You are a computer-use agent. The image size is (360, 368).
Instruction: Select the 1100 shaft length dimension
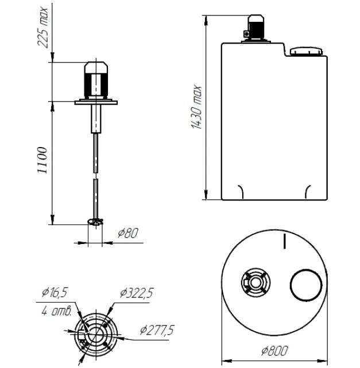click(42, 160)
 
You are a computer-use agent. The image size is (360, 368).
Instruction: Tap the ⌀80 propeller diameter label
click(128, 233)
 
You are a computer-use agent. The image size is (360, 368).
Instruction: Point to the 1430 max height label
click(196, 107)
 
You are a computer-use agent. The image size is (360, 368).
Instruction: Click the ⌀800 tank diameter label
click(274, 351)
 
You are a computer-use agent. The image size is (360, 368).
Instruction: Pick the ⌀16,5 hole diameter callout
click(55, 292)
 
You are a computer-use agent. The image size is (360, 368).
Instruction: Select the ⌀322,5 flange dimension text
click(137, 293)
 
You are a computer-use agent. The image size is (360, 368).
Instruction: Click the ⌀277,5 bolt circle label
click(157, 330)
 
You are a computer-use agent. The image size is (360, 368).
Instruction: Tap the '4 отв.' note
click(57, 311)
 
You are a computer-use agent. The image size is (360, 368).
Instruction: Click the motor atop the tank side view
click(256, 28)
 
